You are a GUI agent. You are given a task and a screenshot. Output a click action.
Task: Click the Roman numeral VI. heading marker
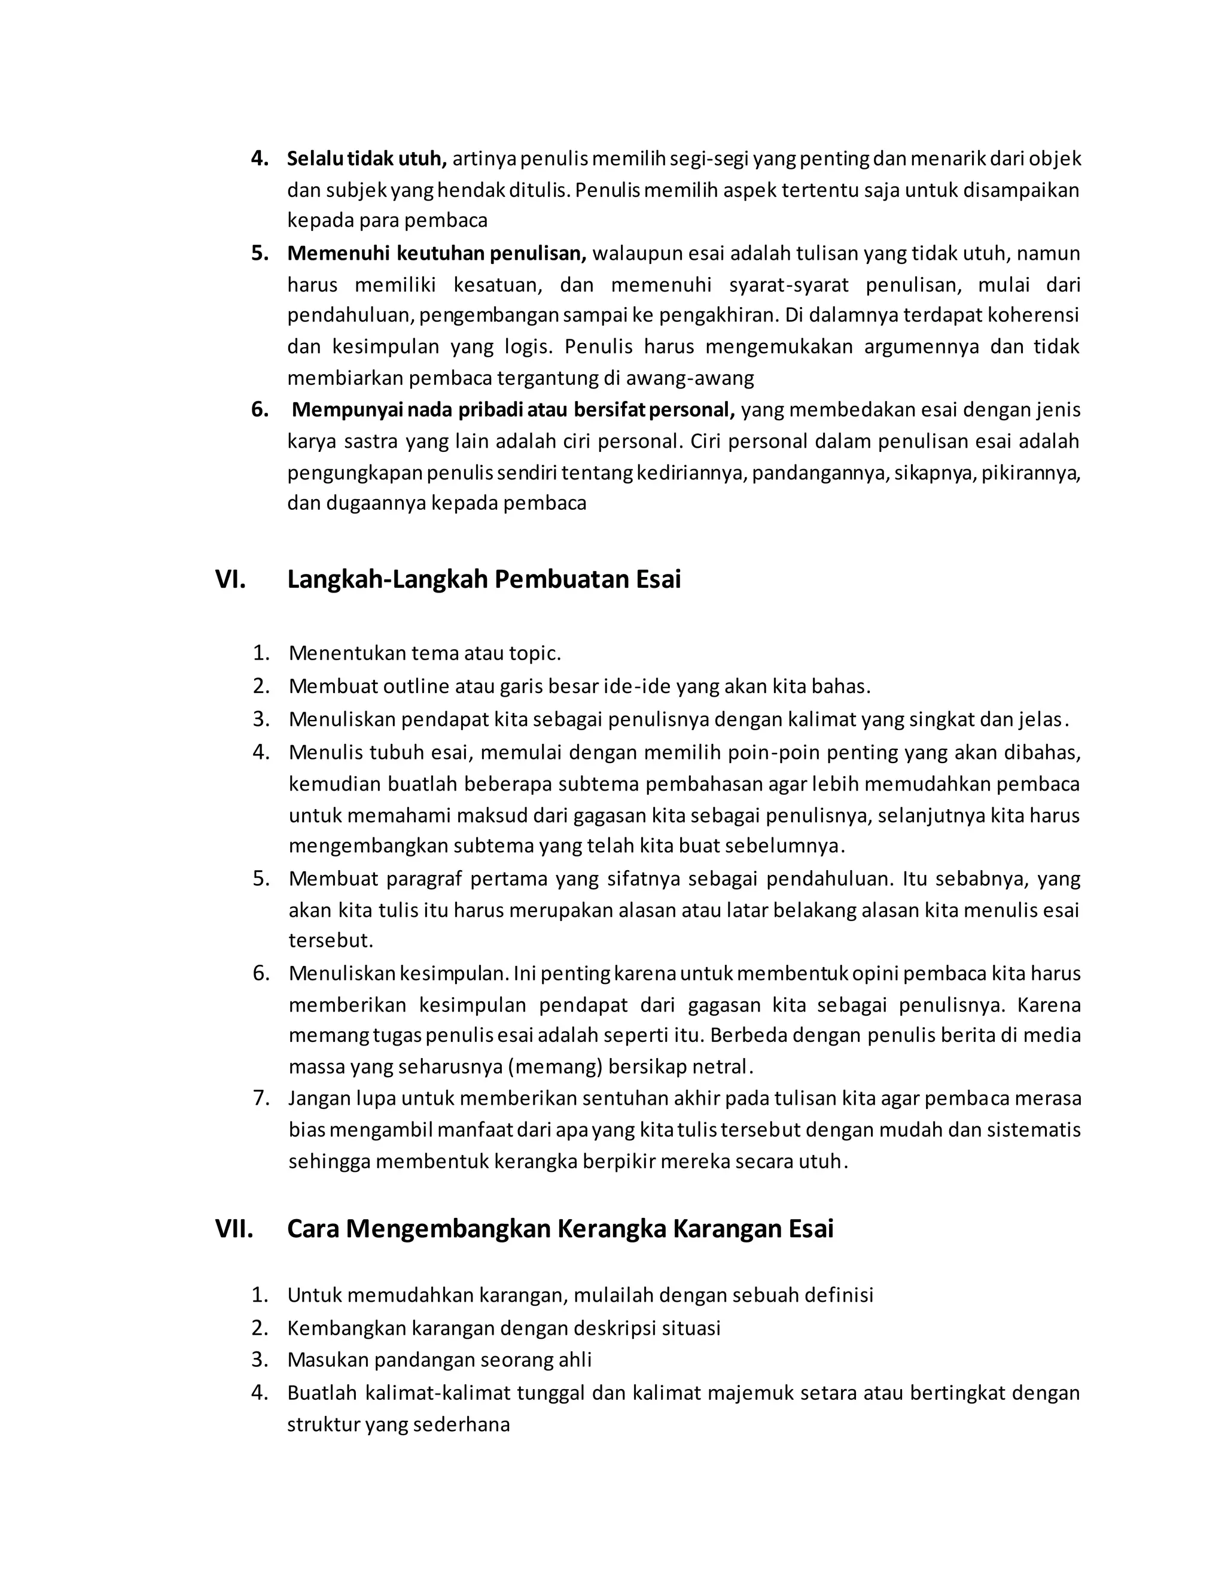pyautogui.click(x=230, y=580)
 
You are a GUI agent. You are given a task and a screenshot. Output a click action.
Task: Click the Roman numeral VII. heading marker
pyautogui.click(x=234, y=1229)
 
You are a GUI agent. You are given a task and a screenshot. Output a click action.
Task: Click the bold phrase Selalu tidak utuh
pyautogui.click(x=367, y=159)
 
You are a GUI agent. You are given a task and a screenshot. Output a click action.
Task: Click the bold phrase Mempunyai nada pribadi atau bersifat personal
pyautogui.click(x=513, y=411)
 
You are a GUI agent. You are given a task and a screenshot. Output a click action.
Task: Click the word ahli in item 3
pyautogui.click(x=574, y=1360)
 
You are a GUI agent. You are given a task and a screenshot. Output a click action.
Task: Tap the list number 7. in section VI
pyautogui.click(x=261, y=1098)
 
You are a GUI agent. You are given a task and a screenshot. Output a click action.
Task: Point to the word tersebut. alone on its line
pyautogui.click(x=330, y=941)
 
